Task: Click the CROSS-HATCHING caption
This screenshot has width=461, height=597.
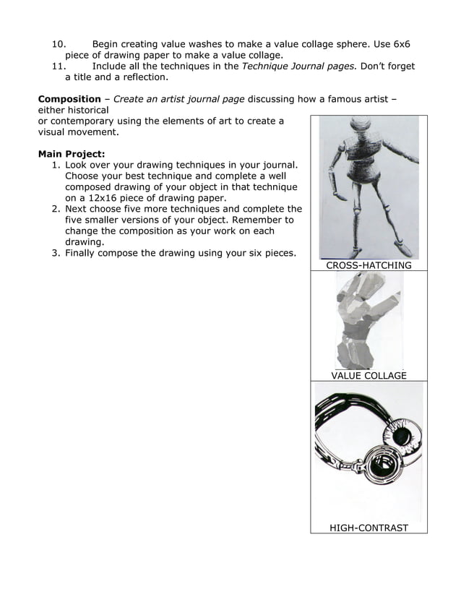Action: click(369, 265)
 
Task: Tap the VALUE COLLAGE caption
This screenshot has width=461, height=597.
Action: click(369, 375)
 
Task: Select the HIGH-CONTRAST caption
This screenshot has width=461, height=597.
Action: click(369, 528)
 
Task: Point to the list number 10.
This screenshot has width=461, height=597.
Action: click(59, 43)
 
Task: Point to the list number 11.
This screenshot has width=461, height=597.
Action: click(59, 66)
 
